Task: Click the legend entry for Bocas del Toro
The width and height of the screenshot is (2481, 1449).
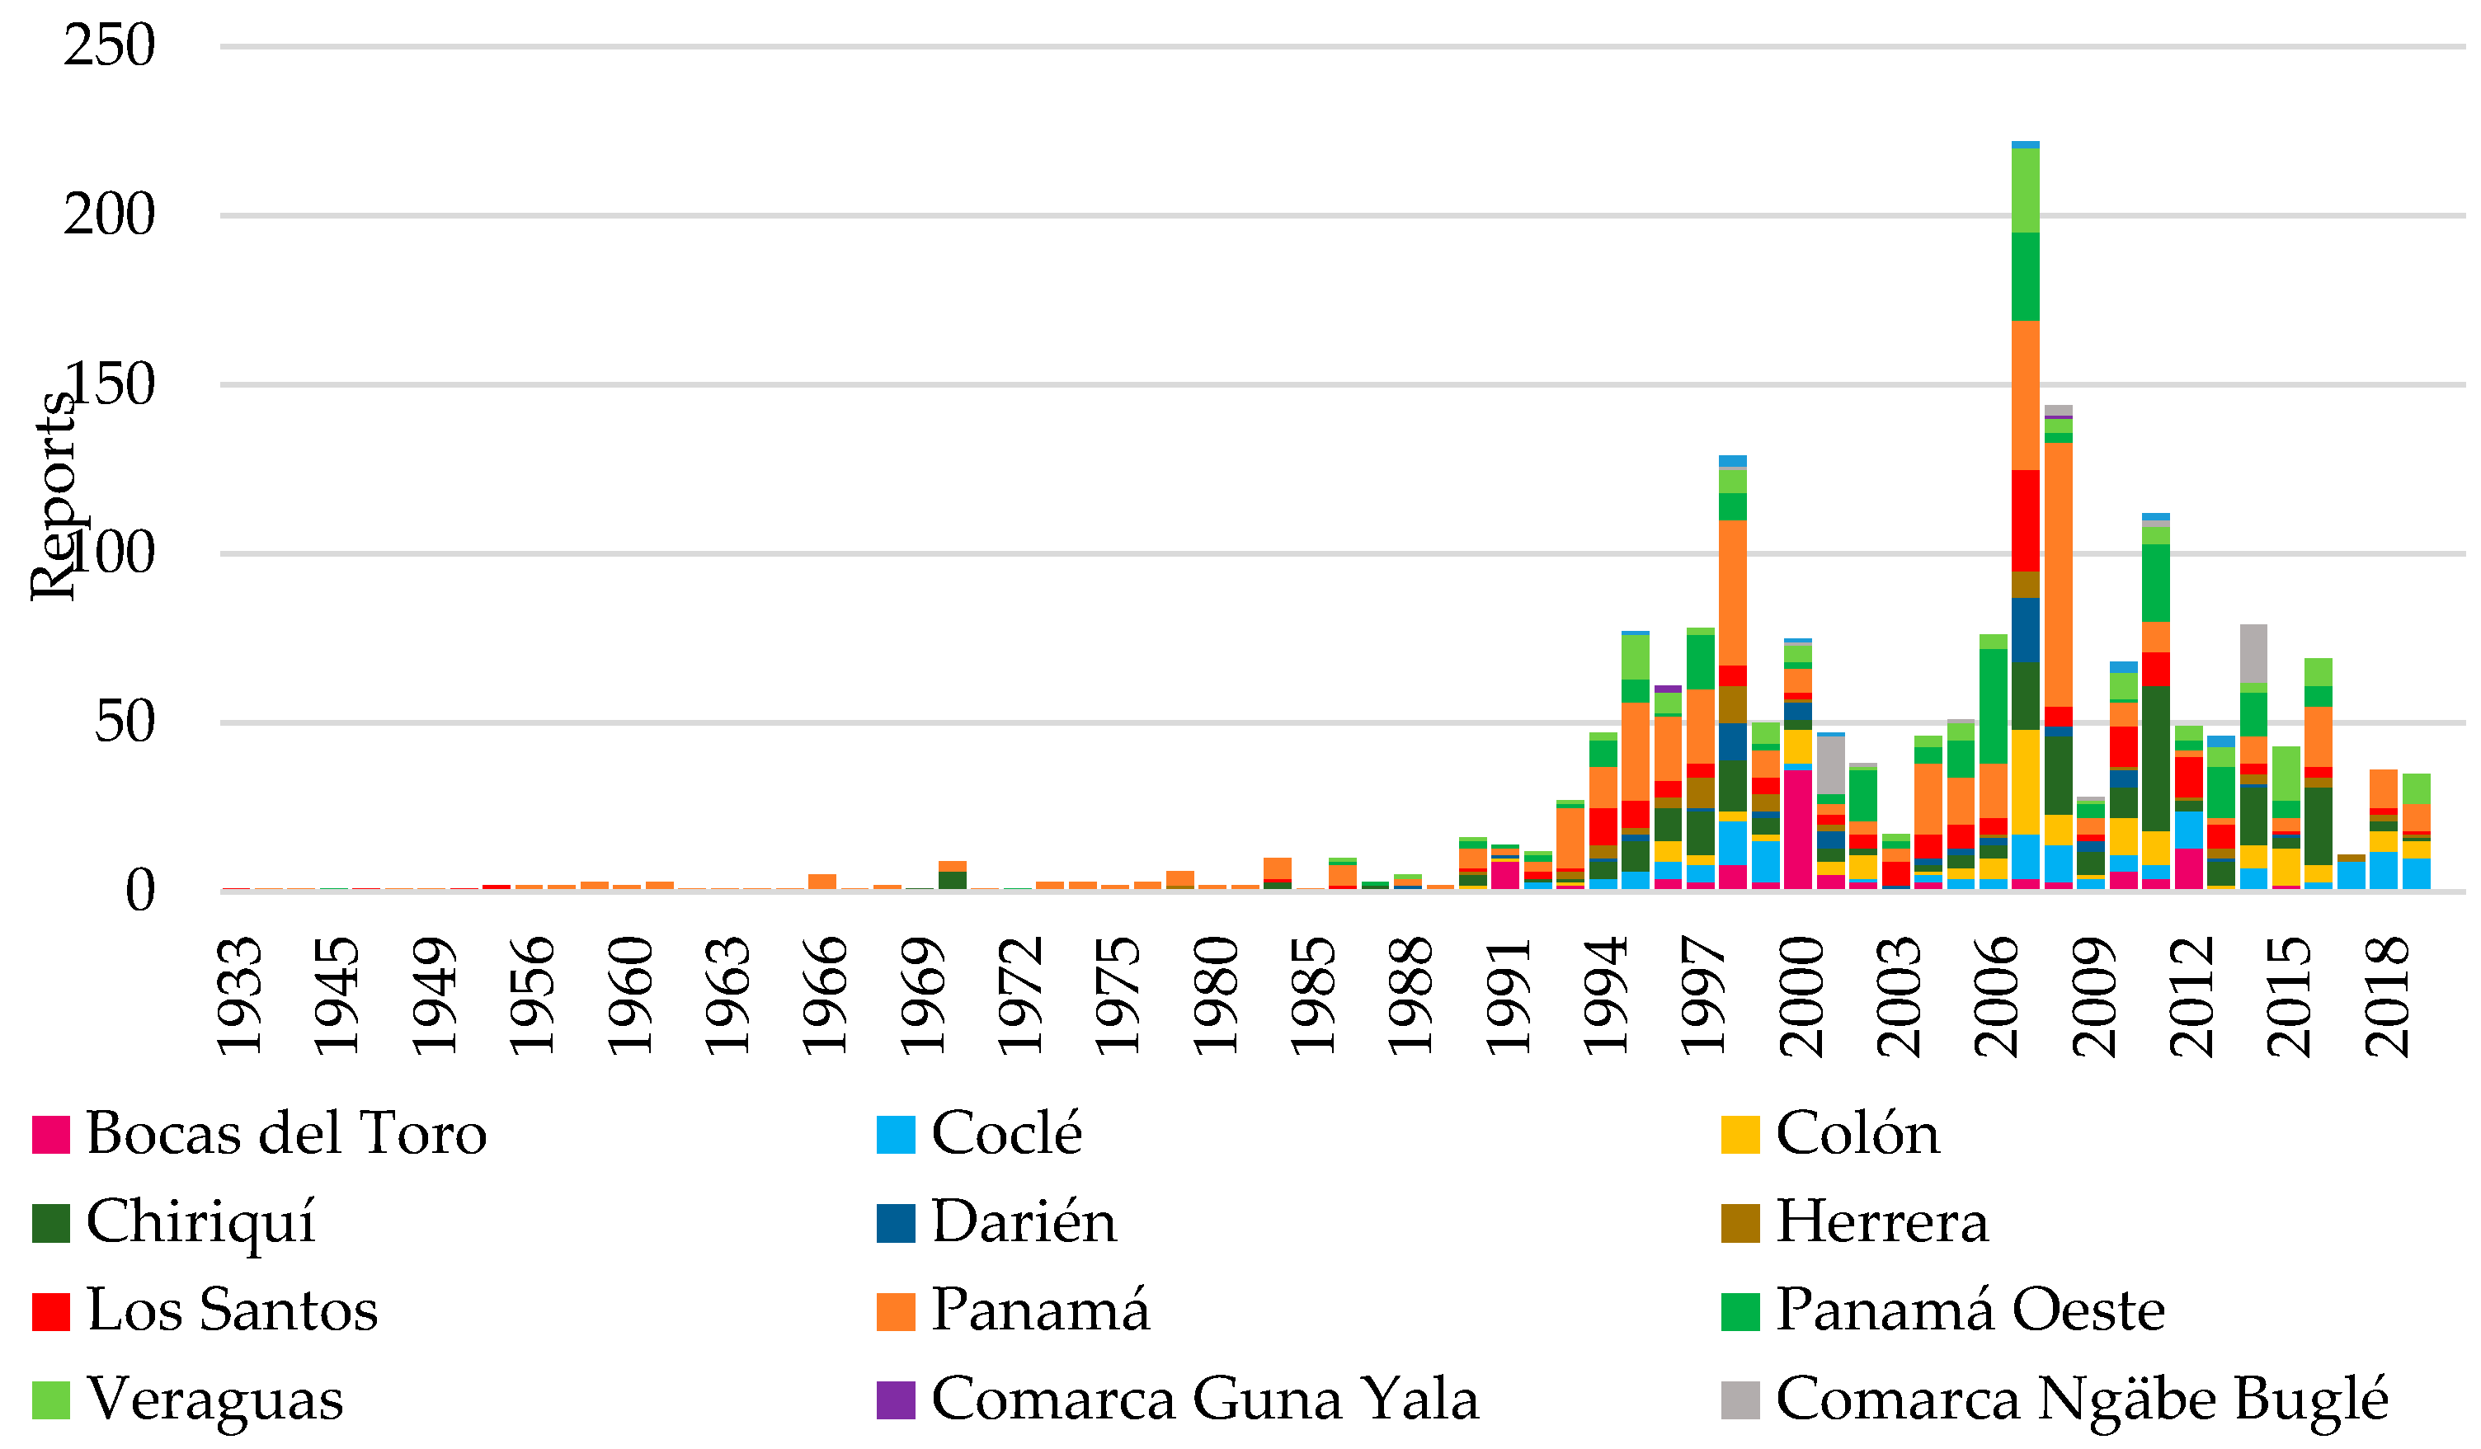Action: click(285, 1134)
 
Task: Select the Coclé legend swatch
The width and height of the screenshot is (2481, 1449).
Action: click(896, 1135)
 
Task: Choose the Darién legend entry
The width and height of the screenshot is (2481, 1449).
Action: click(1024, 1222)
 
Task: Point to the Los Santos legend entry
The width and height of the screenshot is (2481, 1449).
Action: click(232, 1311)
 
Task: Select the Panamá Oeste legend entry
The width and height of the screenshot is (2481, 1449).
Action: click(1970, 1311)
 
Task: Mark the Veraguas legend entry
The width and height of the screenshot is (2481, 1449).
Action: click(214, 1400)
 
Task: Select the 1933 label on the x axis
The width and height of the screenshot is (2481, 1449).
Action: click(239, 996)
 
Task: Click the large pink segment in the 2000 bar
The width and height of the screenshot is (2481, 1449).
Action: click(1798, 829)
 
